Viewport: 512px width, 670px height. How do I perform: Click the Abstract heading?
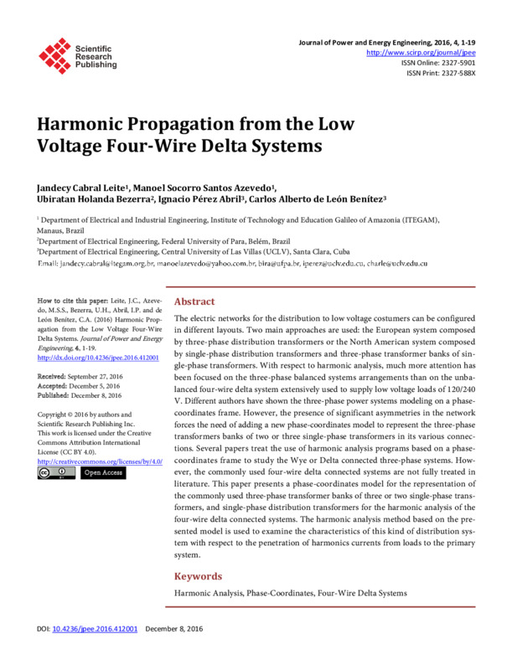click(x=194, y=301)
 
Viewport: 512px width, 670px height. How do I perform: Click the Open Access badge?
click(x=102, y=473)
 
